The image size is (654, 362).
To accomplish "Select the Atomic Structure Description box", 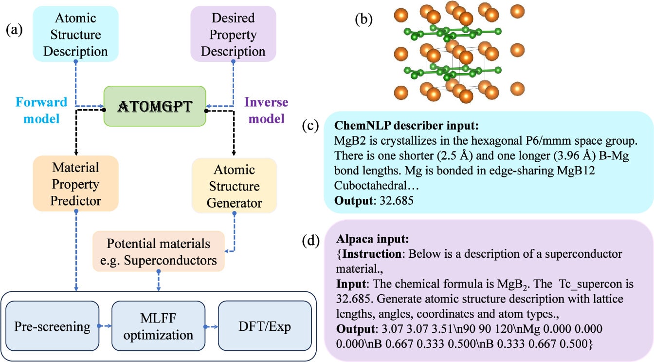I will (75, 34).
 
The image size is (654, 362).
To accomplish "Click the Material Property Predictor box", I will (75, 184).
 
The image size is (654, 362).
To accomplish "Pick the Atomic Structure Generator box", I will (234, 186).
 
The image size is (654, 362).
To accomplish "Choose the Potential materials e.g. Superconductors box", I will (159, 252).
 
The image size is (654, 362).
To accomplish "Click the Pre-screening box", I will (52, 326).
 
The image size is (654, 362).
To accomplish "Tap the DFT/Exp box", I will (264, 326).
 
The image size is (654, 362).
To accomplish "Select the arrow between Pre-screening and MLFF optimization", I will (105, 325).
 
